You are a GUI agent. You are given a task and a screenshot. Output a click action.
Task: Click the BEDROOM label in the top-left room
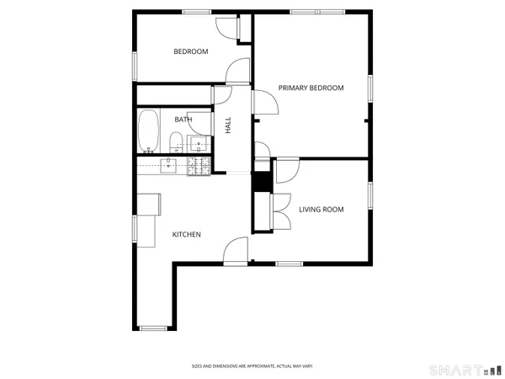(190, 51)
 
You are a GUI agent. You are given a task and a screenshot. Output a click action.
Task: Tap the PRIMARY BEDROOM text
(311, 88)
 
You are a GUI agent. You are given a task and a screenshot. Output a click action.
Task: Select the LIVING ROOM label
(322, 209)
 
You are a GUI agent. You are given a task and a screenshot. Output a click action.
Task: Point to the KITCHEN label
(187, 234)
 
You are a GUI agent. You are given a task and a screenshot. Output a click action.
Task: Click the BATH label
(183, 120)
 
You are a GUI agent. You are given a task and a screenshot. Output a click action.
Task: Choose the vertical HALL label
(228, 125)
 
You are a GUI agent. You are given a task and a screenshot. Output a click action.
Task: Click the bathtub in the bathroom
(149, 131)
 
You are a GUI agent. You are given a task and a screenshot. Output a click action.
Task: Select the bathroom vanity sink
(199, 145)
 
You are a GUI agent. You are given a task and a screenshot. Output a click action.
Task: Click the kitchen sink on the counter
(169, 166)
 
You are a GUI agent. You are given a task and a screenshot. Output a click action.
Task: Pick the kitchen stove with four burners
(199, 166)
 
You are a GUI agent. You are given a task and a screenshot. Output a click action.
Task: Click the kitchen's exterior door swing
(236, 250)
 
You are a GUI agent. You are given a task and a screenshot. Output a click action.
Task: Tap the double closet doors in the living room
(280, 211)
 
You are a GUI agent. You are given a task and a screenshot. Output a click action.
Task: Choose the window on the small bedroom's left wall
(133, 65)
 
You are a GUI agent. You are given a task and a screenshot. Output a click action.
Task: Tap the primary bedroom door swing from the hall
(267, 101)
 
